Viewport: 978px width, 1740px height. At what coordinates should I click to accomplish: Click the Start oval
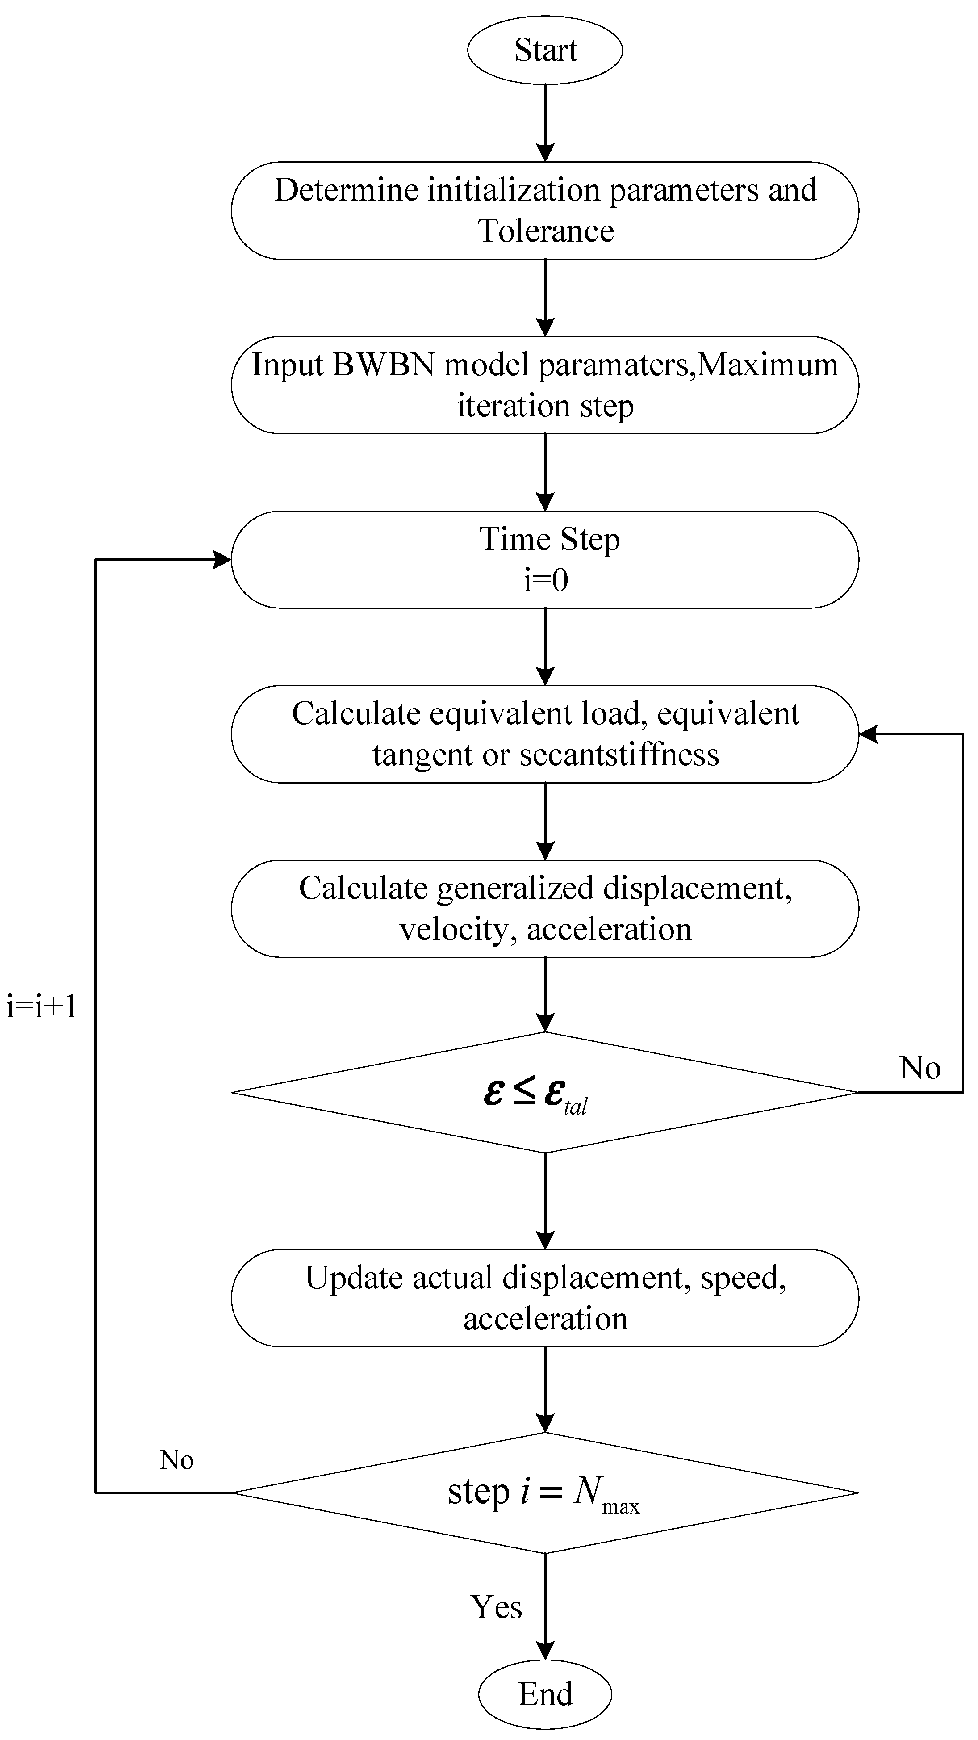[544, 50]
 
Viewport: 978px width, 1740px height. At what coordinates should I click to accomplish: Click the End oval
[544, 1694]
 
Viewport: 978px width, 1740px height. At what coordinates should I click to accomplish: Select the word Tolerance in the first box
[546, 231]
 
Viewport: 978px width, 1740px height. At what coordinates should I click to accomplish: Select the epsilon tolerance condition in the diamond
[535, 1093]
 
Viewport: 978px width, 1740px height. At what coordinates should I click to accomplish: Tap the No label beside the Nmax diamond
[176, 1460]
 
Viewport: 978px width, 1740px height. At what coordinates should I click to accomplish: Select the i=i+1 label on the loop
[42, 1006]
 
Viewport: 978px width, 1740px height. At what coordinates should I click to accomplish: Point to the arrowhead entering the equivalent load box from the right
[868, 734]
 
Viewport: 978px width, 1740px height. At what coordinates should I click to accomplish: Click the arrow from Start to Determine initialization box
[544, 122]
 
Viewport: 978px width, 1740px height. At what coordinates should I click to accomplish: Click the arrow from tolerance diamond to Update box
[544, 1199]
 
